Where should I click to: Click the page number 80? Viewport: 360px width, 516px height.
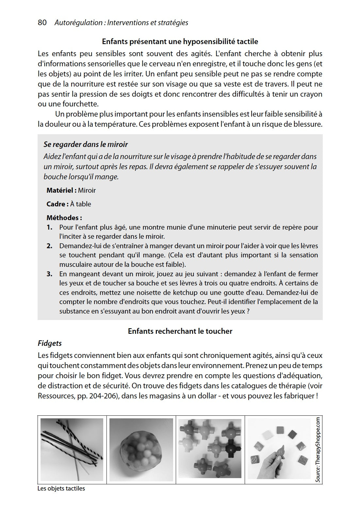click(x=42, y=23)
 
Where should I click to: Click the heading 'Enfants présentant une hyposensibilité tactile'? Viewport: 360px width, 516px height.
click(x=180, y=41)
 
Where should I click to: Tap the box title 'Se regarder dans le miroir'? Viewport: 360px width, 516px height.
click(x=86, y=144)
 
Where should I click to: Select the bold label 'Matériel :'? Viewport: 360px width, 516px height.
click(x=61, y=190)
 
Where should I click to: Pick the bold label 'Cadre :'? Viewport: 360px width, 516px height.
click(x=57, y=204)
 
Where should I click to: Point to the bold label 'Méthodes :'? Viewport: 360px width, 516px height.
click(x=64, y=218)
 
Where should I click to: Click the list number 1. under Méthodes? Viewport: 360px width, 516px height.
click(x=49, y=227)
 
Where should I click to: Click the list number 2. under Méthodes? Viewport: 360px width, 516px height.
click(x=49, y=246)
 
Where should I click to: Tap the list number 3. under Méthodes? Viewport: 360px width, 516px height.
click(x=49, y=274)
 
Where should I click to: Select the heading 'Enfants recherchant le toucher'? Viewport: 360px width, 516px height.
click(x=180, y=331)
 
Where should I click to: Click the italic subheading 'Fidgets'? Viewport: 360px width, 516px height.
click(x=50, y=343)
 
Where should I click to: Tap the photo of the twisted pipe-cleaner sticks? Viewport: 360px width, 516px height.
click(x=72, y=449)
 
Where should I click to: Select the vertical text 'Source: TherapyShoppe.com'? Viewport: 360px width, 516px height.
click(x=318, y=449)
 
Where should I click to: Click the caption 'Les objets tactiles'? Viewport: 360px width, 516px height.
click(x=61, y=489)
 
